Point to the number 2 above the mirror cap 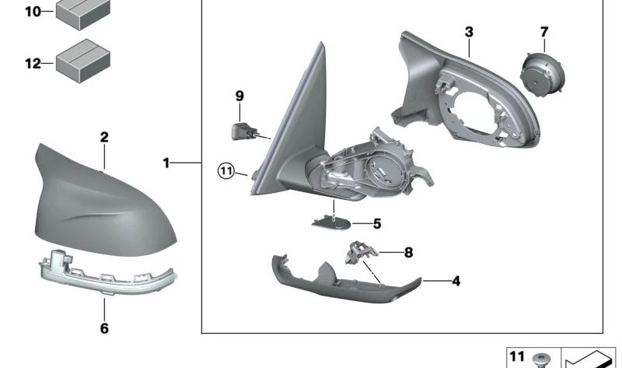tap(104, 138)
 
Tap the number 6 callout tap(104, 328)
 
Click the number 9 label tap(239, 96)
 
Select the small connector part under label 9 tap(243, 131)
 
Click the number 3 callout tap(469, 32)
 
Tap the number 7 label tap(544, 32)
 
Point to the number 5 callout tap(377, 224)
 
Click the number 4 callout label tap(456, 281)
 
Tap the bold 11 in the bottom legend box tap(517, 356)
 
